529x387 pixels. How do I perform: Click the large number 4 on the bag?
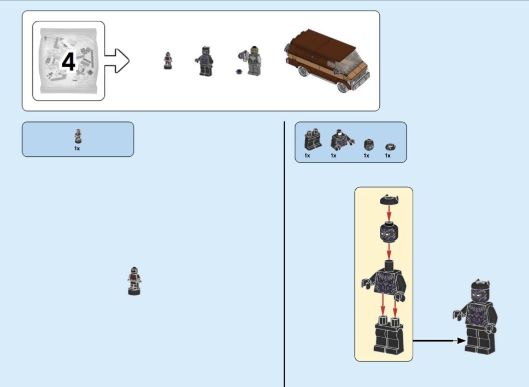(x=68, y=62)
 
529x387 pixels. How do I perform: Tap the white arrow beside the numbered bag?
(x=116, y=61)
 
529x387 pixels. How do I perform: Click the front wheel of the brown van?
(x=343, y=87)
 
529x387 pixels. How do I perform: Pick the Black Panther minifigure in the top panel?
(x=204, y=61)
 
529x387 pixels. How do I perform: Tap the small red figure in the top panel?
(x=168, y=60)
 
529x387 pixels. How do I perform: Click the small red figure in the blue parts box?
(x=78, y=136)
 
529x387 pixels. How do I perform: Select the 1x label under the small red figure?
(x=77, y=148)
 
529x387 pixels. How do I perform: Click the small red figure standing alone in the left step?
(x=134, y=280)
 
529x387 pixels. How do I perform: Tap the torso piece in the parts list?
(x=338, y=140)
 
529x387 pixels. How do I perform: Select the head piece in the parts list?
(x=369, y=144)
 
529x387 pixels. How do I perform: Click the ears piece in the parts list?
(x=390, y=146)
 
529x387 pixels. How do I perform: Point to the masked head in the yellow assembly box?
(x=389, y=234)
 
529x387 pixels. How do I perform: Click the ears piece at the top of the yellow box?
(x=389, y=200)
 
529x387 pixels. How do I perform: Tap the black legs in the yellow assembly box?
(x=389, y=336)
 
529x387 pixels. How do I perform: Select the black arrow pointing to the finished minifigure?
(x=438, y=341)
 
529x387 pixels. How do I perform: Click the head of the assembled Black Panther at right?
(x=478, y=295)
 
